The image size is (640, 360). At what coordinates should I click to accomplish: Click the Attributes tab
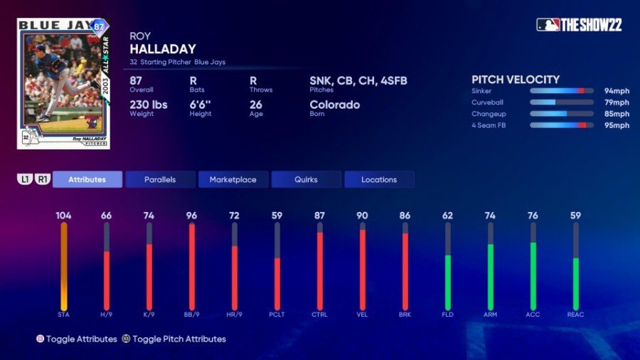[87, 179]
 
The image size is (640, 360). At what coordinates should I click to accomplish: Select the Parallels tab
[160, 179]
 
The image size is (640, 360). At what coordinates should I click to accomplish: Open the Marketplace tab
[233, 179]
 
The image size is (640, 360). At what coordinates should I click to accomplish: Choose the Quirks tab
[306, 179]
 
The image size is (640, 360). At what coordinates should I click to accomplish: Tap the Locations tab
[379, 179]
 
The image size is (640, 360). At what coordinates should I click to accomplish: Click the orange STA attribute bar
[64, 267]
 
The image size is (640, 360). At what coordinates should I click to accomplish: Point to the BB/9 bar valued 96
[192, 267]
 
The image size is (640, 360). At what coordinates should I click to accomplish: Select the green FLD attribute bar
[448, 281]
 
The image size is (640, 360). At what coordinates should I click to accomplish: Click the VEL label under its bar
[363, 314]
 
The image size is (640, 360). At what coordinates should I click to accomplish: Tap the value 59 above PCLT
[277, 216]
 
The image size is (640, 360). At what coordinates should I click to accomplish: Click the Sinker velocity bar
[562, 91]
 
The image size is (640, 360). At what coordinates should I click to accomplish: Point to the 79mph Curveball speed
[617, 102]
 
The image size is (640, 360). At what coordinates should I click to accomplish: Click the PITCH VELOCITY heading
[516, 80]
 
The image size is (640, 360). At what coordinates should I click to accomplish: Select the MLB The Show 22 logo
[579, 25]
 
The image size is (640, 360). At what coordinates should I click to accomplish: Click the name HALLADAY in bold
[162, 49]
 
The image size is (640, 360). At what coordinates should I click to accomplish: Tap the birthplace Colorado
[334, 105]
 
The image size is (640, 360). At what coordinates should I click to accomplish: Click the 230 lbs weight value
[149, 105]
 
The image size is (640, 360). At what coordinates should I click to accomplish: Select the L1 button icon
[26, 179]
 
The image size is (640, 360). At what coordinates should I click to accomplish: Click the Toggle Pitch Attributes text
[178, 339]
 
